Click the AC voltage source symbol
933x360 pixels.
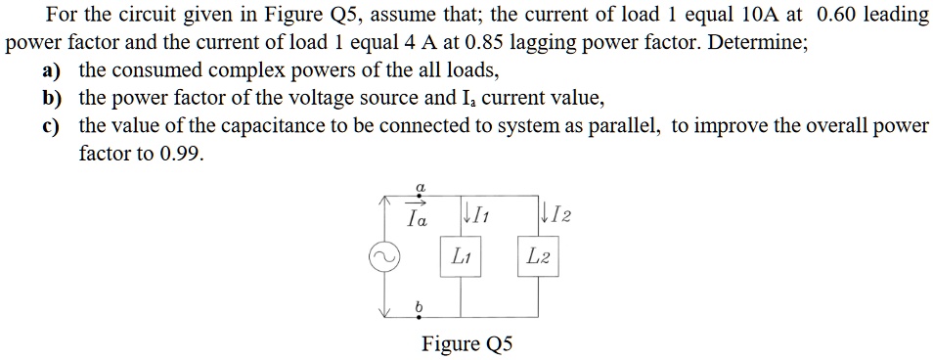tap(383, 258)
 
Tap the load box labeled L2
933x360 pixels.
tap(537, 258)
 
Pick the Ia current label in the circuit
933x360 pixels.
tap(418, 219)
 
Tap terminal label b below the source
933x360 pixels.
tap(419, 307)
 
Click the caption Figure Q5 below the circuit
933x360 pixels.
tap(466, 343)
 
